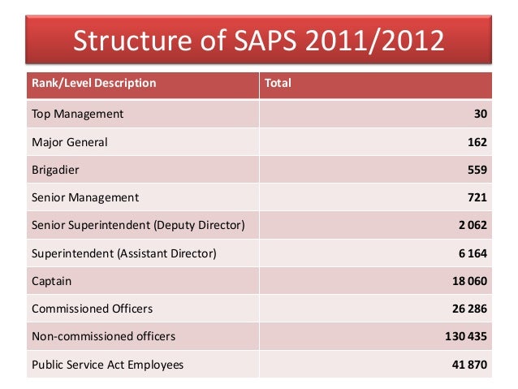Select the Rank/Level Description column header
coord(93,83)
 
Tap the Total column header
coord(278,83)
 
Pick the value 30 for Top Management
coord(480,114)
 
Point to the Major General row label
coord(69,142)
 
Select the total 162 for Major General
coord(477,142)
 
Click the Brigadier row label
coord(56,170)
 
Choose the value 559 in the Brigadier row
coord(477,170)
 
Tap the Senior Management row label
coord(84,197)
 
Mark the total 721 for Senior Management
coord(477,197)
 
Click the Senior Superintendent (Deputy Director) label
coord(137,225)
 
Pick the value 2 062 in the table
coord(472,225)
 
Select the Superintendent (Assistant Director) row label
coord(123,253)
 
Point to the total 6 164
coord(472,253)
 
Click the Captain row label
coord(51,281)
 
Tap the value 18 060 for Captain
coord(468,281)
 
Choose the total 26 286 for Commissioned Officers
coord(468,309)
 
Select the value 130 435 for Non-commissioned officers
coord(465,336)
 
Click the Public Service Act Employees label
coord(107,365)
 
